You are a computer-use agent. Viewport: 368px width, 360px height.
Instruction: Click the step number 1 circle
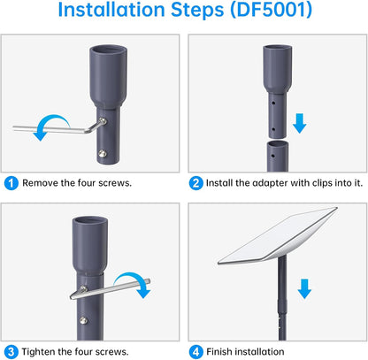pos(11,183)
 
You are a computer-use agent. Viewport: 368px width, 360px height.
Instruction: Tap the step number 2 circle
pos(196,183)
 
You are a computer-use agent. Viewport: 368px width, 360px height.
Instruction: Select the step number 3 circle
pos(11,352)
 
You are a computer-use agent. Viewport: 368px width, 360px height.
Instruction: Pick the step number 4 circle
pos(196,352)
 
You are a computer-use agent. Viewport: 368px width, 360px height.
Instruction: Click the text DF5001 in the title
pos(271,10)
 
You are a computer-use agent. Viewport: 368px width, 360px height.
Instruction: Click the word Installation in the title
pos(111,10)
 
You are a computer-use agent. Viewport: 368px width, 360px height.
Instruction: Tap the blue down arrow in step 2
pos(300,123)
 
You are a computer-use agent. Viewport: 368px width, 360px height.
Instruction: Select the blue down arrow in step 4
pos(304,289)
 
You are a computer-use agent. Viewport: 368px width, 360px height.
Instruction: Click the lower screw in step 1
pos(103,153)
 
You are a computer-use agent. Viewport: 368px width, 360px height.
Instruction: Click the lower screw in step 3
pos(83,320)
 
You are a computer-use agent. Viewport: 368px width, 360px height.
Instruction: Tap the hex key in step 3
pos(110,288)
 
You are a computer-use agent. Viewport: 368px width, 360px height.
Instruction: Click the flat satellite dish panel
pos(277,236)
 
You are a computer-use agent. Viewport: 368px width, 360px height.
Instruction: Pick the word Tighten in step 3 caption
pos(38,352)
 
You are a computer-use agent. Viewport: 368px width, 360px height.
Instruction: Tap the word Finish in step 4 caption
pos(219,352)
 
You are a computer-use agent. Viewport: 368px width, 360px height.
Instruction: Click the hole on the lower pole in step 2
pos(272,156)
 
